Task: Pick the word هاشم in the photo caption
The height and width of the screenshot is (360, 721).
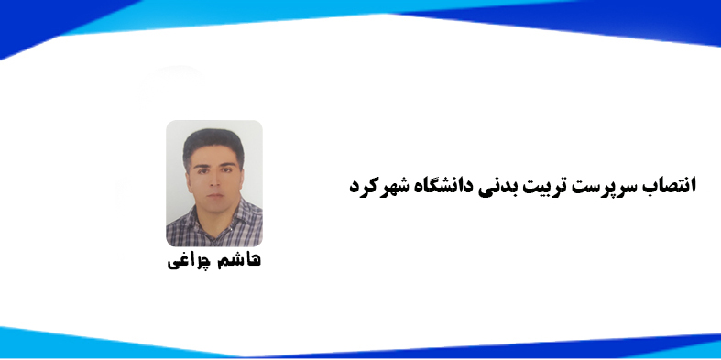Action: pyautogui.click(x=238, y=260)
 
